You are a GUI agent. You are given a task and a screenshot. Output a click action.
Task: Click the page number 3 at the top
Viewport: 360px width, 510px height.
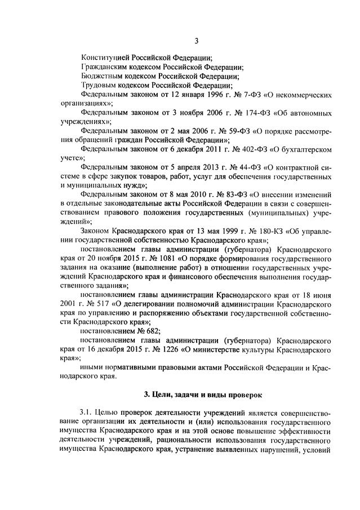tap(197, 40)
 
